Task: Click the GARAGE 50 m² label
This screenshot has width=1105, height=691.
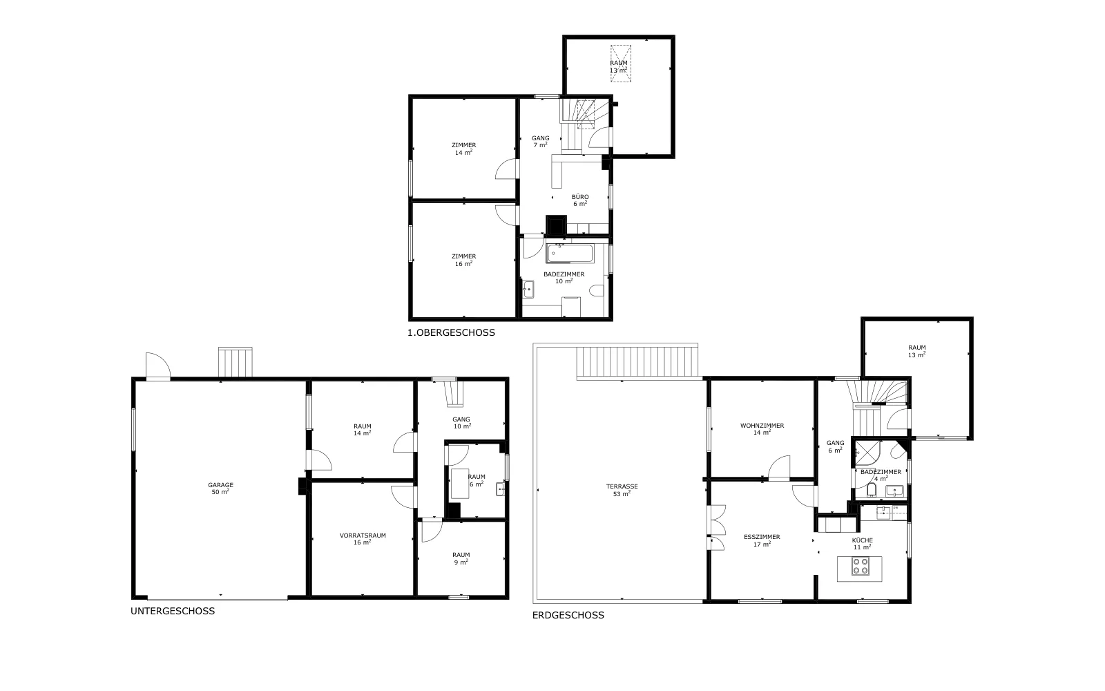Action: coord(220,489)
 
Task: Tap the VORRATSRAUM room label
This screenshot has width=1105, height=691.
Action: coord(363,536)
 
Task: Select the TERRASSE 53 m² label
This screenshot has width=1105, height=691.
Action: coord(622,490)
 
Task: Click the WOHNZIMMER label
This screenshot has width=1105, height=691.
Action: coord(762,426)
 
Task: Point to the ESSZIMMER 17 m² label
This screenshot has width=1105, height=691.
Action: coord(762,540)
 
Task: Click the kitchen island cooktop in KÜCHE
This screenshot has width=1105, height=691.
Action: coord(861,566)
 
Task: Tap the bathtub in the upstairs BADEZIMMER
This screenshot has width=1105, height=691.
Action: coord(570,254)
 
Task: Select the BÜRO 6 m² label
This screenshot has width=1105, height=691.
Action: coord(580,200)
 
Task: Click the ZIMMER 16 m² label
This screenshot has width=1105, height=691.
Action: coord(463,260)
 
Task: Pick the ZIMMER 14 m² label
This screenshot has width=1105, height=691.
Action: coord(463,149)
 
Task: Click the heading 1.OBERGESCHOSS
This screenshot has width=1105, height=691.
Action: coord(451,332)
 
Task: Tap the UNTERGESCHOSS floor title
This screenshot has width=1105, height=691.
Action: coord(173,611)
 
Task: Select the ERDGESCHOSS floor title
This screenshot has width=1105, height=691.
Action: coord(568,616)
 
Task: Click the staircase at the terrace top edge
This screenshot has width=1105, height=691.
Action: coord(637,362)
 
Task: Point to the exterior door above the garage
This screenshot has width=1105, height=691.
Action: coord(158,366)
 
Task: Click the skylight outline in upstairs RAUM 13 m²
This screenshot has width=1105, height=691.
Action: coord(621,63)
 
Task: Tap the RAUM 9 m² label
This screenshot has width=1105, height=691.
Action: coord(461,559)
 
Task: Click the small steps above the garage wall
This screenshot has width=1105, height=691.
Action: coord(236,362)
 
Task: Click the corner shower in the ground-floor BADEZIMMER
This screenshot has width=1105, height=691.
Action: coord(864,453)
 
